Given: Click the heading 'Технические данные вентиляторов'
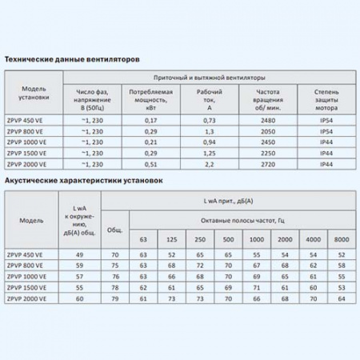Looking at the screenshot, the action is pyautogui.click(x=73, y=59).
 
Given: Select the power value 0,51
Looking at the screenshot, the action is pyautogui.click(x=151, y=163).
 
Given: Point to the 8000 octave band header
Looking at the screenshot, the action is pyautogui.click(x=342, y=239).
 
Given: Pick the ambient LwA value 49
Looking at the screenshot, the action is pyautogui.click(x=79, y=254).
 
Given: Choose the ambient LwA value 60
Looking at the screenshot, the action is pyautogui.click(x=79, y=298).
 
